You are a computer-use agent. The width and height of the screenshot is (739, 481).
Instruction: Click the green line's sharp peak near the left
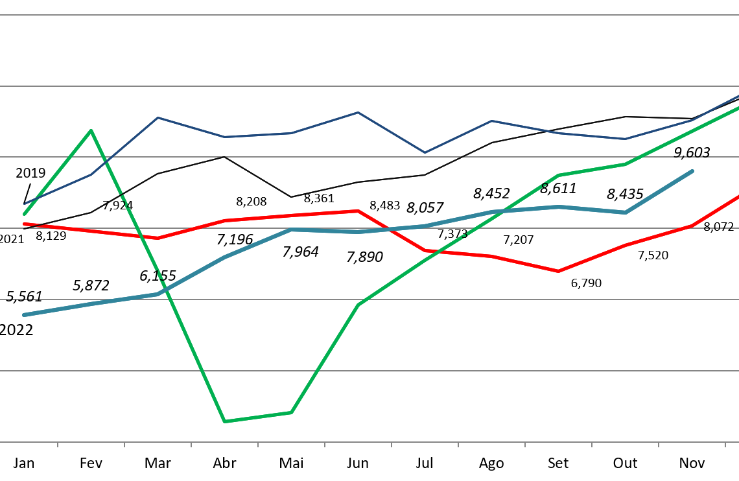coord(91,131)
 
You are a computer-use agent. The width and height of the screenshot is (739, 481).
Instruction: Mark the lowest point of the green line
coord(224,421)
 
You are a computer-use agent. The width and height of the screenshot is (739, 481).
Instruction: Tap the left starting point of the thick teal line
coord(25,315)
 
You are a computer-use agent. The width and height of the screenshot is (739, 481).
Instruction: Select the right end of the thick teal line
coord(692,171)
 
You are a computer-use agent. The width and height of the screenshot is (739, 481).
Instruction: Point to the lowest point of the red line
coord(559,271)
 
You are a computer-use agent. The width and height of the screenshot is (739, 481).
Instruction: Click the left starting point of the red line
coord(25,224)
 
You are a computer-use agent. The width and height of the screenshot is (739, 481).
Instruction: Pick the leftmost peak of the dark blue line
coord(158,118)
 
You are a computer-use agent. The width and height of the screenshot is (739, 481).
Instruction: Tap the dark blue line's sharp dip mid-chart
coord(425,152)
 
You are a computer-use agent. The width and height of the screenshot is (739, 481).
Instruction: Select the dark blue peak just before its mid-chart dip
coord(358,113)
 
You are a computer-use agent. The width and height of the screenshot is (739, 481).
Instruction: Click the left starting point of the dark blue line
coord(25,204)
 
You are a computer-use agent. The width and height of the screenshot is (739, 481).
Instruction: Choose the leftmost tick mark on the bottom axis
coord(58,445)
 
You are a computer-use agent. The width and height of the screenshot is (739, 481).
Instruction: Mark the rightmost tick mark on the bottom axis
coord(725,445)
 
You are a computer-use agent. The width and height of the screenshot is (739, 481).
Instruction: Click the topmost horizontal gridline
coord(369,15)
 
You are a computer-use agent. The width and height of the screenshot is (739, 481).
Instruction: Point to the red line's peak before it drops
coord(358,211)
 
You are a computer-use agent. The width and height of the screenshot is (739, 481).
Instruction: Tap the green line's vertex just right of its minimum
coord(291,412)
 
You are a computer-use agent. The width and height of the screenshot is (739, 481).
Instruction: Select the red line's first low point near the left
coord(158,238)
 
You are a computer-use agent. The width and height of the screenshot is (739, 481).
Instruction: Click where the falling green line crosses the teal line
coord(164,291)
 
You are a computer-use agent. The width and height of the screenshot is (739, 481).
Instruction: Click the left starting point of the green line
coord(25,214)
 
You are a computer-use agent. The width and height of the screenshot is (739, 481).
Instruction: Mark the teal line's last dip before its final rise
coord(626,212)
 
